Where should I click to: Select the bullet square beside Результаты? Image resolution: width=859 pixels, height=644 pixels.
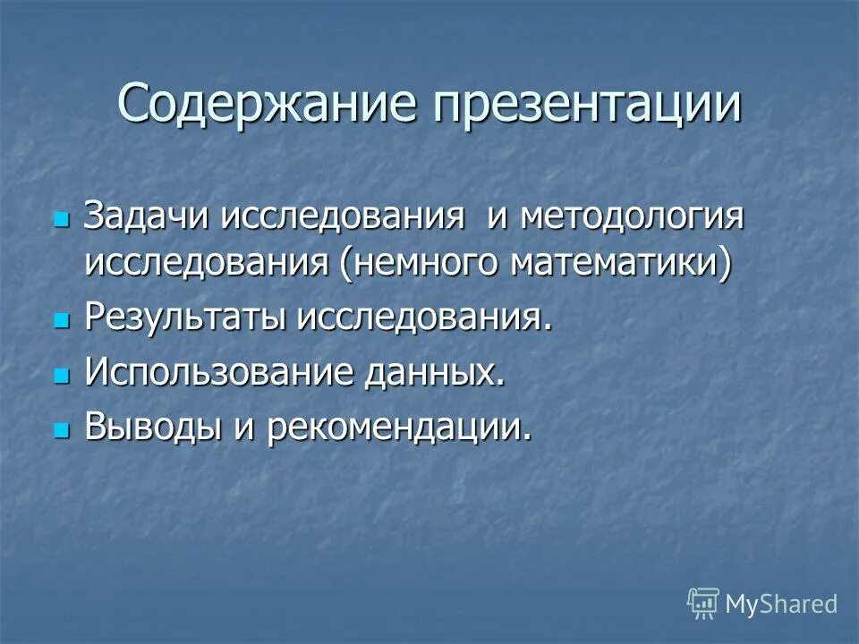61,319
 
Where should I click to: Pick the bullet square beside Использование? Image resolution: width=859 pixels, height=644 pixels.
61,374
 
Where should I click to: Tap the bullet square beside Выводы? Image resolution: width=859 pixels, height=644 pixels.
61,428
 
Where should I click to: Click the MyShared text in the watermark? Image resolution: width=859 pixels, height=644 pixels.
781,604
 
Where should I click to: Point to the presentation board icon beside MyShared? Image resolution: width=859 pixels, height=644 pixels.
703,603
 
